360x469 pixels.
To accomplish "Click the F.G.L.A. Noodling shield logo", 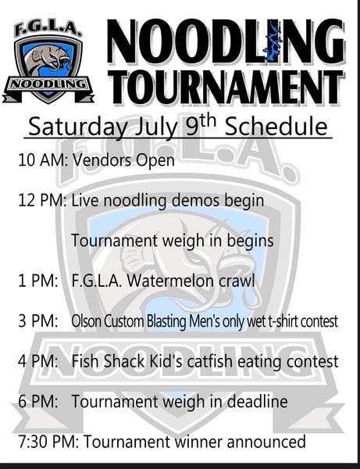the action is [x=48, y=63].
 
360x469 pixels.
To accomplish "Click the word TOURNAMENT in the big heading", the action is [x=226, y=88].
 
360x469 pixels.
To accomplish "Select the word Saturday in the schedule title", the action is [x=77, y=127].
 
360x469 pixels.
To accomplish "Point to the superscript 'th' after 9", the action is [x=208, y=121].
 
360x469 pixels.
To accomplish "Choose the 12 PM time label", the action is [x=42, y=200].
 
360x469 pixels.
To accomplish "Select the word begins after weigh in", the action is [x=251, y=241].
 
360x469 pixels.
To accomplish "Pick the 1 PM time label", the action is [x=38, y=281].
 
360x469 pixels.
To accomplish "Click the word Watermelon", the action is [x=173, y=281].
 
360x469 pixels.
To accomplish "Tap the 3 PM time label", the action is [x=38, y=321].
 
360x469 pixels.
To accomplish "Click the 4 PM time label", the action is [x=38, y=361].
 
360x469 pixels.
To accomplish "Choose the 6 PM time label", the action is [x=38, y=402].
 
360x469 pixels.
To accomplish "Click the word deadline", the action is [x=258, y=402].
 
